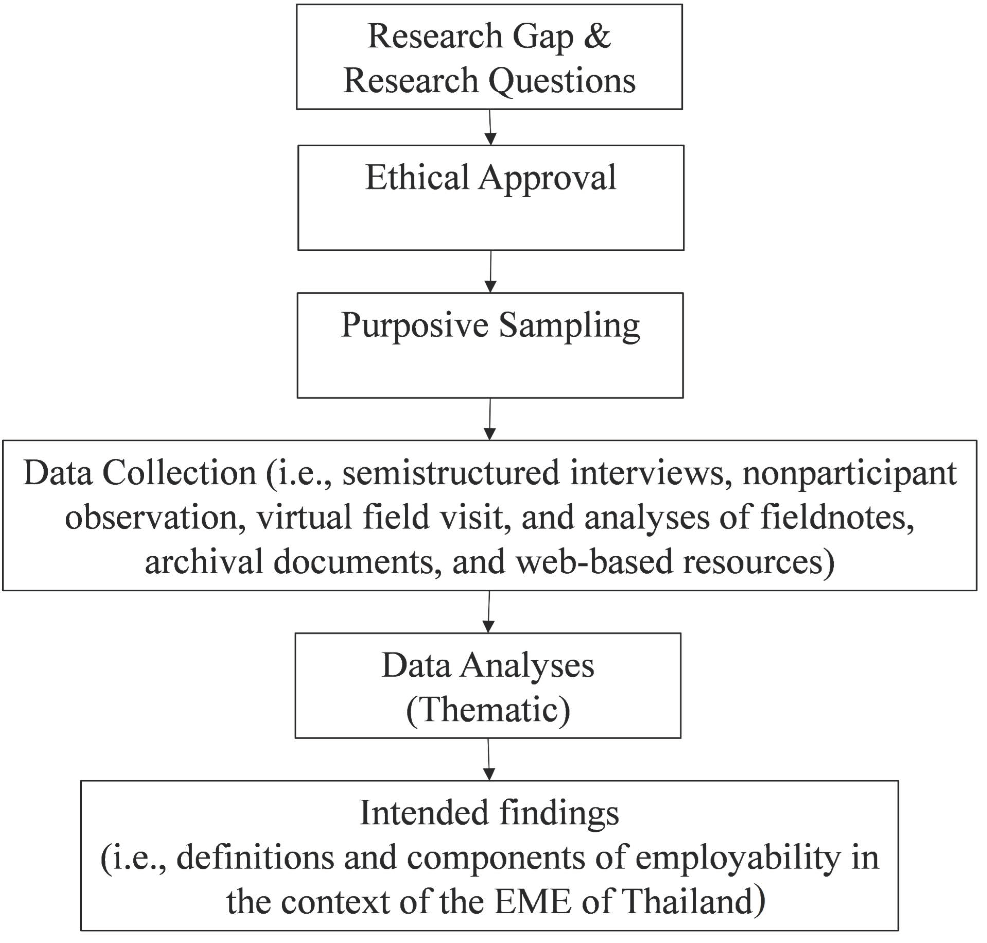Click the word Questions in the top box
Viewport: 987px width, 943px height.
click(562, 80)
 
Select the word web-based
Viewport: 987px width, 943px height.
click(594, 561)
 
